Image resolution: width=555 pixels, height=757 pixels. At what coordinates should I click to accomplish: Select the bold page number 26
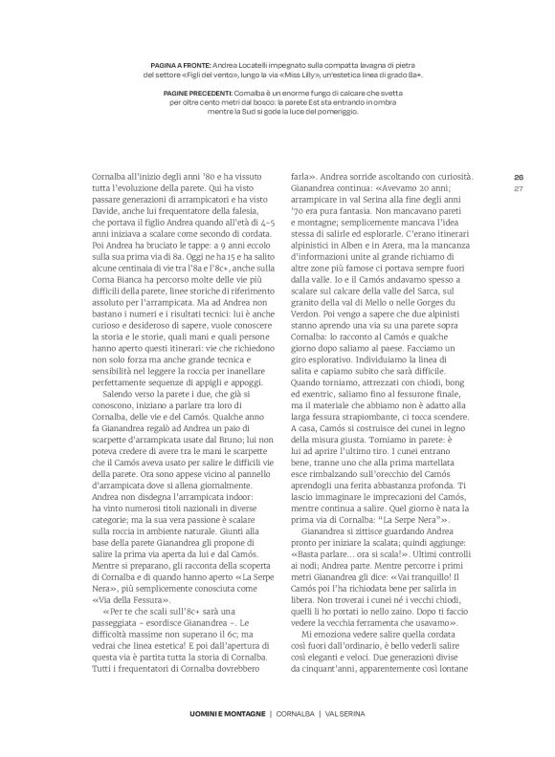(x=519, y=176)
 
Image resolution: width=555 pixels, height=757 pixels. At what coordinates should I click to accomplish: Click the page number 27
(x=519, y=188)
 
